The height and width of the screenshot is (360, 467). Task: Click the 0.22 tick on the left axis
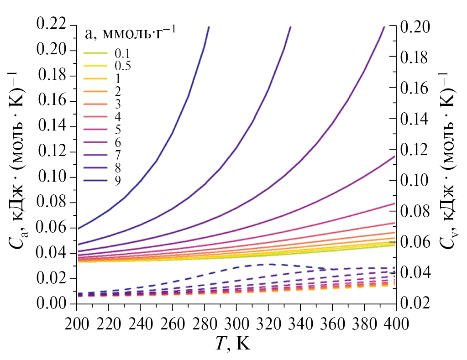(53, 24)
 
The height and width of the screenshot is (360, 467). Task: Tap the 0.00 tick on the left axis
(53, 304)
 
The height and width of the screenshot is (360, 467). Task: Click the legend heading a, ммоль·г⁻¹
(131, 34)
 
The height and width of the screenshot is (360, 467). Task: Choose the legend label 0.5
(123, 66)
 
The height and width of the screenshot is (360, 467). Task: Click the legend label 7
(118, 155)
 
